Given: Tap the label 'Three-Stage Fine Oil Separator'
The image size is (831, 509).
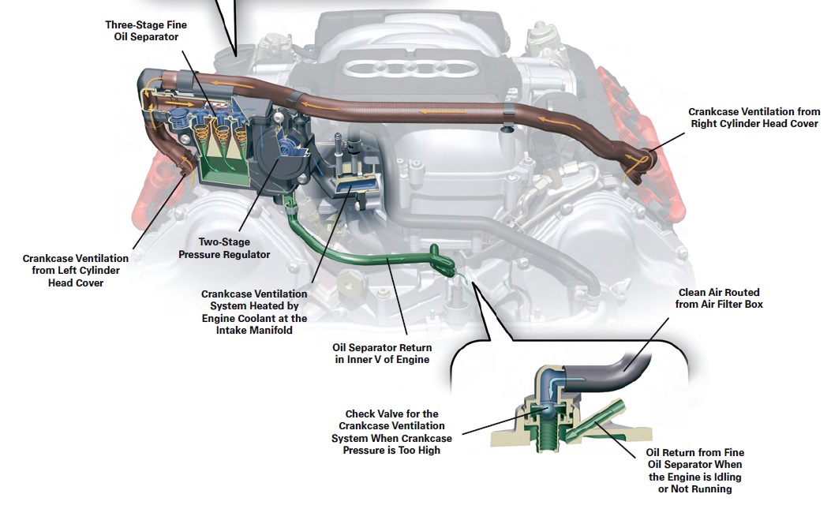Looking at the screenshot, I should click(x=146, y=31).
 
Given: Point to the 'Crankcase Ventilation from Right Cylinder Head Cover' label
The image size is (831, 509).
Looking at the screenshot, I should click(x=754, y=118).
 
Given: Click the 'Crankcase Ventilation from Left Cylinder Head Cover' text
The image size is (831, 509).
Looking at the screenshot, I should click(x=75, y=271).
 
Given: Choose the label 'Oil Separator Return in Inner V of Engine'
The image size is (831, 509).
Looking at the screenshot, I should click(x=382, y=354).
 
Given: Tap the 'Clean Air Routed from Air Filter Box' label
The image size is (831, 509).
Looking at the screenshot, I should click(x=719, y=298).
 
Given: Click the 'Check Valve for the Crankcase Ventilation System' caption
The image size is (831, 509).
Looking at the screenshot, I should click(x=391, y=432).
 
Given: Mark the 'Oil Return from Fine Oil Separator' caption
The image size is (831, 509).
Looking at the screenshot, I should click(x=694, y=470).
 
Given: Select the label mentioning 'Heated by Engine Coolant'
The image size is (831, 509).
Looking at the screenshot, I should click(x=254, y=312).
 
